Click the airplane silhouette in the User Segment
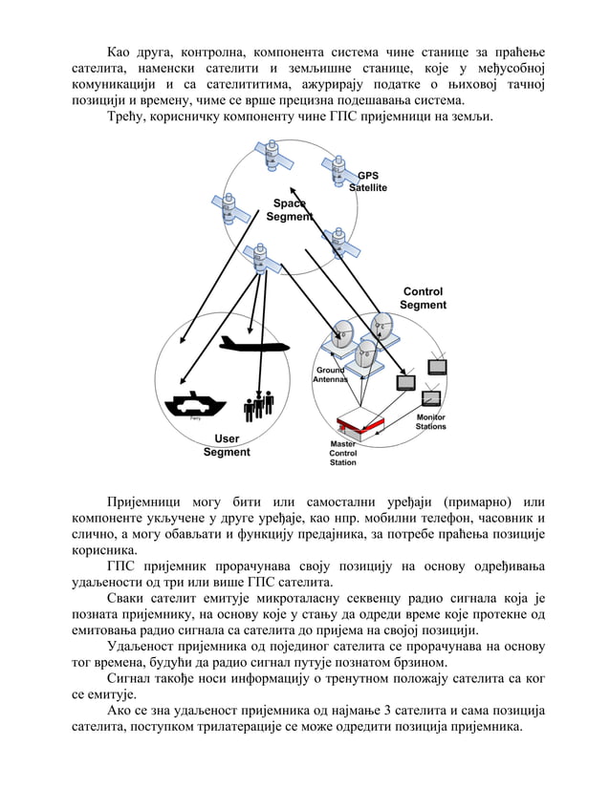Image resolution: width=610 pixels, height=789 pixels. pyautogui.click(x=252, y=344)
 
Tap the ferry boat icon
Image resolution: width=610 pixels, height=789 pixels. pyautogui.click(x=195, y=404)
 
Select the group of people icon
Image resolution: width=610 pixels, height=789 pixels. pyautogui.click(x=258, y=405)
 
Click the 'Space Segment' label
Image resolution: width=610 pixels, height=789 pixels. pyautogui.click(x=289, y=210)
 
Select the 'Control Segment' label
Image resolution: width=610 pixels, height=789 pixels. pyautogui.click(x=423, y=298)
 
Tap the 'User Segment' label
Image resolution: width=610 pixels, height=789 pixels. pyautogui.click(x=227, y=445)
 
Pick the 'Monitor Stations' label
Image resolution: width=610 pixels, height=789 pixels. pyautogui.click(x=430, y=422)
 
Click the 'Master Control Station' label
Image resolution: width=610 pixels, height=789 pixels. pyautogui.click(x=342, y=454)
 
